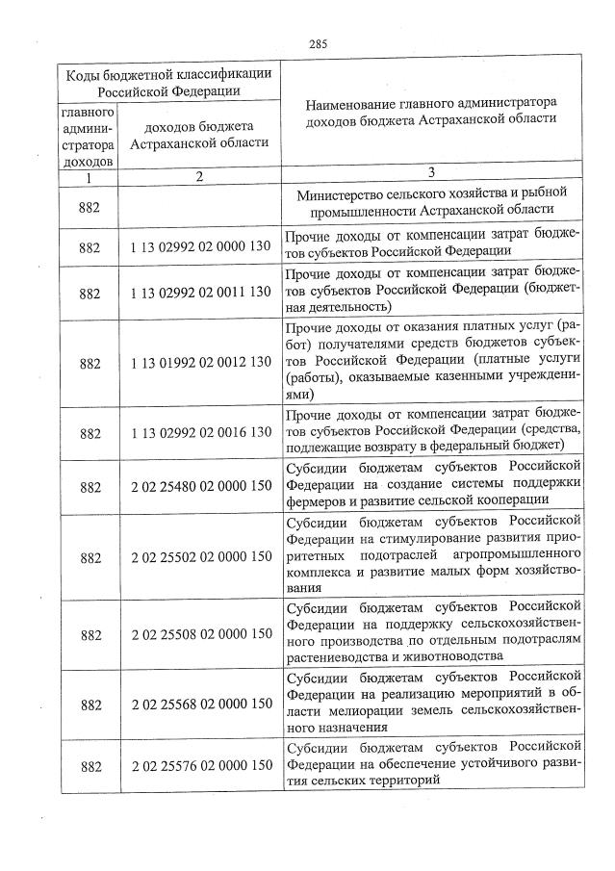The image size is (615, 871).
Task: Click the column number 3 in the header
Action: [x=432, y=172]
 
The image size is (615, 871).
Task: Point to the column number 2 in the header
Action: [x=199, y=176]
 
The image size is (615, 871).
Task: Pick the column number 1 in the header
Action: [x=88, y=177]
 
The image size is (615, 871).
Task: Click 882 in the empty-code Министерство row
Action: [x=90, y=203]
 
